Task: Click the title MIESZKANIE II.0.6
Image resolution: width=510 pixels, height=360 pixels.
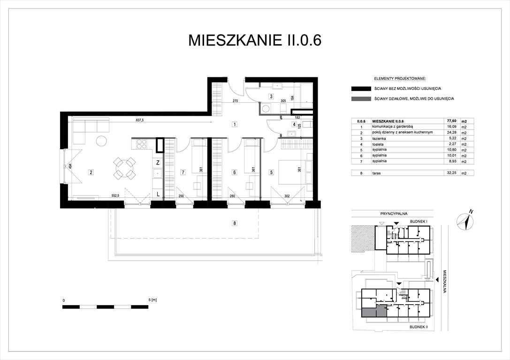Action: coord(255,40)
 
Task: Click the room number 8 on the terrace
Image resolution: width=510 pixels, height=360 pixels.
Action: coord(234,223)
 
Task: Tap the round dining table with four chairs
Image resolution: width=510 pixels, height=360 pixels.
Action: coord(124,168)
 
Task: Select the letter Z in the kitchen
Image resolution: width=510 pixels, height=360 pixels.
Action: coord(159,163)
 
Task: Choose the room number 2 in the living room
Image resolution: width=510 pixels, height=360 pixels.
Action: coord(91,172)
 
